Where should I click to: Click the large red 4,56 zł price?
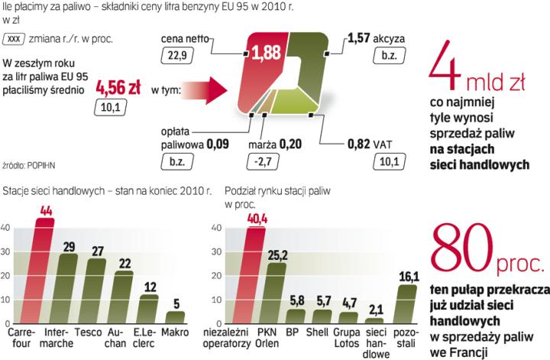point(115,89)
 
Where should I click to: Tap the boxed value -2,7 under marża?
point(262,161)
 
